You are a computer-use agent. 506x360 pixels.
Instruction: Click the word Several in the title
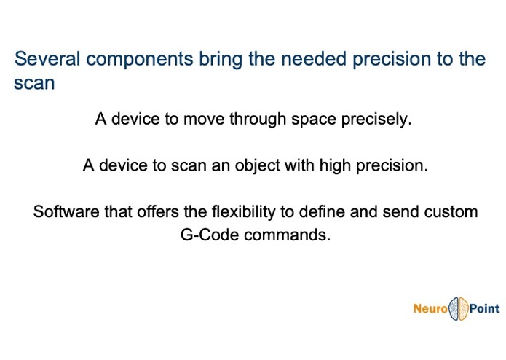coord(47,59)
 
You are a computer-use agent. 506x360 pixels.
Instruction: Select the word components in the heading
coord(140,60)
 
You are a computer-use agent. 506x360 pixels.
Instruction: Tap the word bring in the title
coord(221,60)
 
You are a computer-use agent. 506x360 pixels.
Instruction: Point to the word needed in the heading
coord(313,59)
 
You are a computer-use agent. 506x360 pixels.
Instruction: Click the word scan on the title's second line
coord(34,83)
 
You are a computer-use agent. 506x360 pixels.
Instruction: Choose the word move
coord(204,119)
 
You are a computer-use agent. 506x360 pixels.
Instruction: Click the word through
coord(258,119)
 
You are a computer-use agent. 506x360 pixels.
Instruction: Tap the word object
coord(257,165)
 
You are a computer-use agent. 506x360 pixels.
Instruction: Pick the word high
coord(336,165)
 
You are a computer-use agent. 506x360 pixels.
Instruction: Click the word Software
coord(66,212)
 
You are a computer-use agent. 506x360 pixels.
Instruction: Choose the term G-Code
coord(210,235)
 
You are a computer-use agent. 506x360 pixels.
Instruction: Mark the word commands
coord(287,235)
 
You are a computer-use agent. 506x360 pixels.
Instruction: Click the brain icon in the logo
coord(458,309)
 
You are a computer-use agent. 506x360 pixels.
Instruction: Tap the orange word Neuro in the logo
coord(430,309)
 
